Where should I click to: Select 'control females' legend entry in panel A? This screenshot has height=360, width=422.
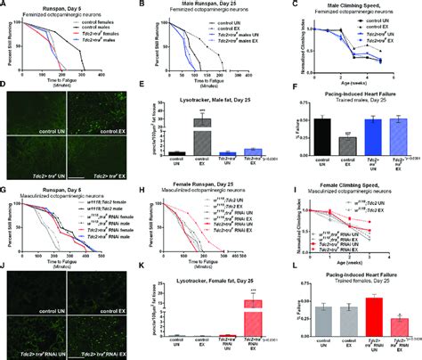coord(89,23)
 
